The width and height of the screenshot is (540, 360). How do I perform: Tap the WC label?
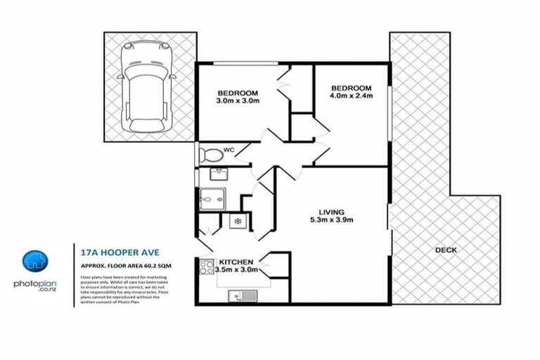tap(229, 150)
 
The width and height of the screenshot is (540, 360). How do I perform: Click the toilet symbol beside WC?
tap(209, 153)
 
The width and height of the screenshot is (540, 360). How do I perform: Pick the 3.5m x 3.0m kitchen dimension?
tap(238, 269)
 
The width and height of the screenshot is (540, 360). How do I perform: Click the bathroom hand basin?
tap(217, 174)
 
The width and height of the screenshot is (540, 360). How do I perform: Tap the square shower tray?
tap(210, 200)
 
